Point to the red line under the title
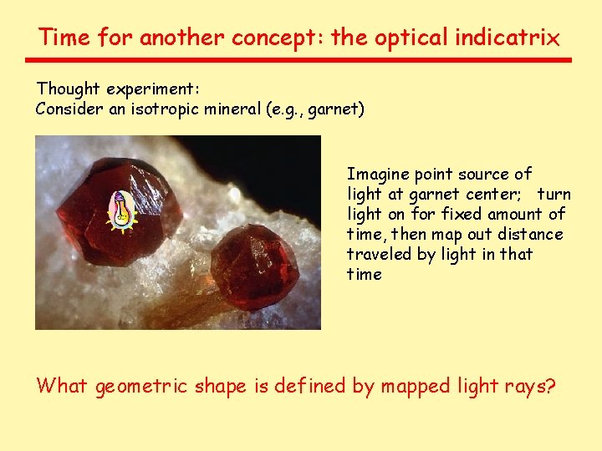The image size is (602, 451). point(298,60)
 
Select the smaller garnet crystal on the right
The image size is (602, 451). point(253,265)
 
